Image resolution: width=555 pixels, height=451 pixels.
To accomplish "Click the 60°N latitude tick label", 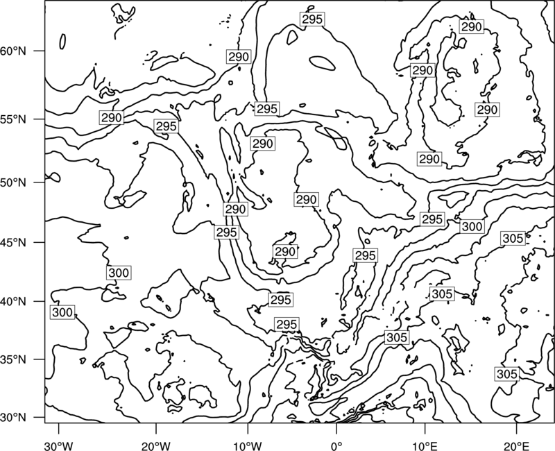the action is tap(13, 51).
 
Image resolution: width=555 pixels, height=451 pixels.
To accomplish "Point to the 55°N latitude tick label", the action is tap(13, 119).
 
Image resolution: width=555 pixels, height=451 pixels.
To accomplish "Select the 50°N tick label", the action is tap(13, 182).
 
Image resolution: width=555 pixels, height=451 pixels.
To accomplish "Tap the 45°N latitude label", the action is tap(13, 242).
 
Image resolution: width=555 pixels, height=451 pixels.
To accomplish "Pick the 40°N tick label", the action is tap(13, 301).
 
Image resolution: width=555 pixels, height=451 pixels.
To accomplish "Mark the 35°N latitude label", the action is tap(13, 359).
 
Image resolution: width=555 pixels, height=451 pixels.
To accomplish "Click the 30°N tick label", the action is tap(13, 418).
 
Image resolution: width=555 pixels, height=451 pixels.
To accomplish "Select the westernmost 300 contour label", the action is tap(62, 313).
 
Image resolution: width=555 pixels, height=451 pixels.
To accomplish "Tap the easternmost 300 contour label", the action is tap(472, 227).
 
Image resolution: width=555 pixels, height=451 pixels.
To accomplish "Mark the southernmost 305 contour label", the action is tap(507, 374).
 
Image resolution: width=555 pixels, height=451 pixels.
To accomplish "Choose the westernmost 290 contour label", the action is tap(112, 118).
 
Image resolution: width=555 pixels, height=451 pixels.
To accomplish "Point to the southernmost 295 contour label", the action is tap(287, 325).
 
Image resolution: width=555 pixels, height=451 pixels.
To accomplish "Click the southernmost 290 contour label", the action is tap(285, 252).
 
